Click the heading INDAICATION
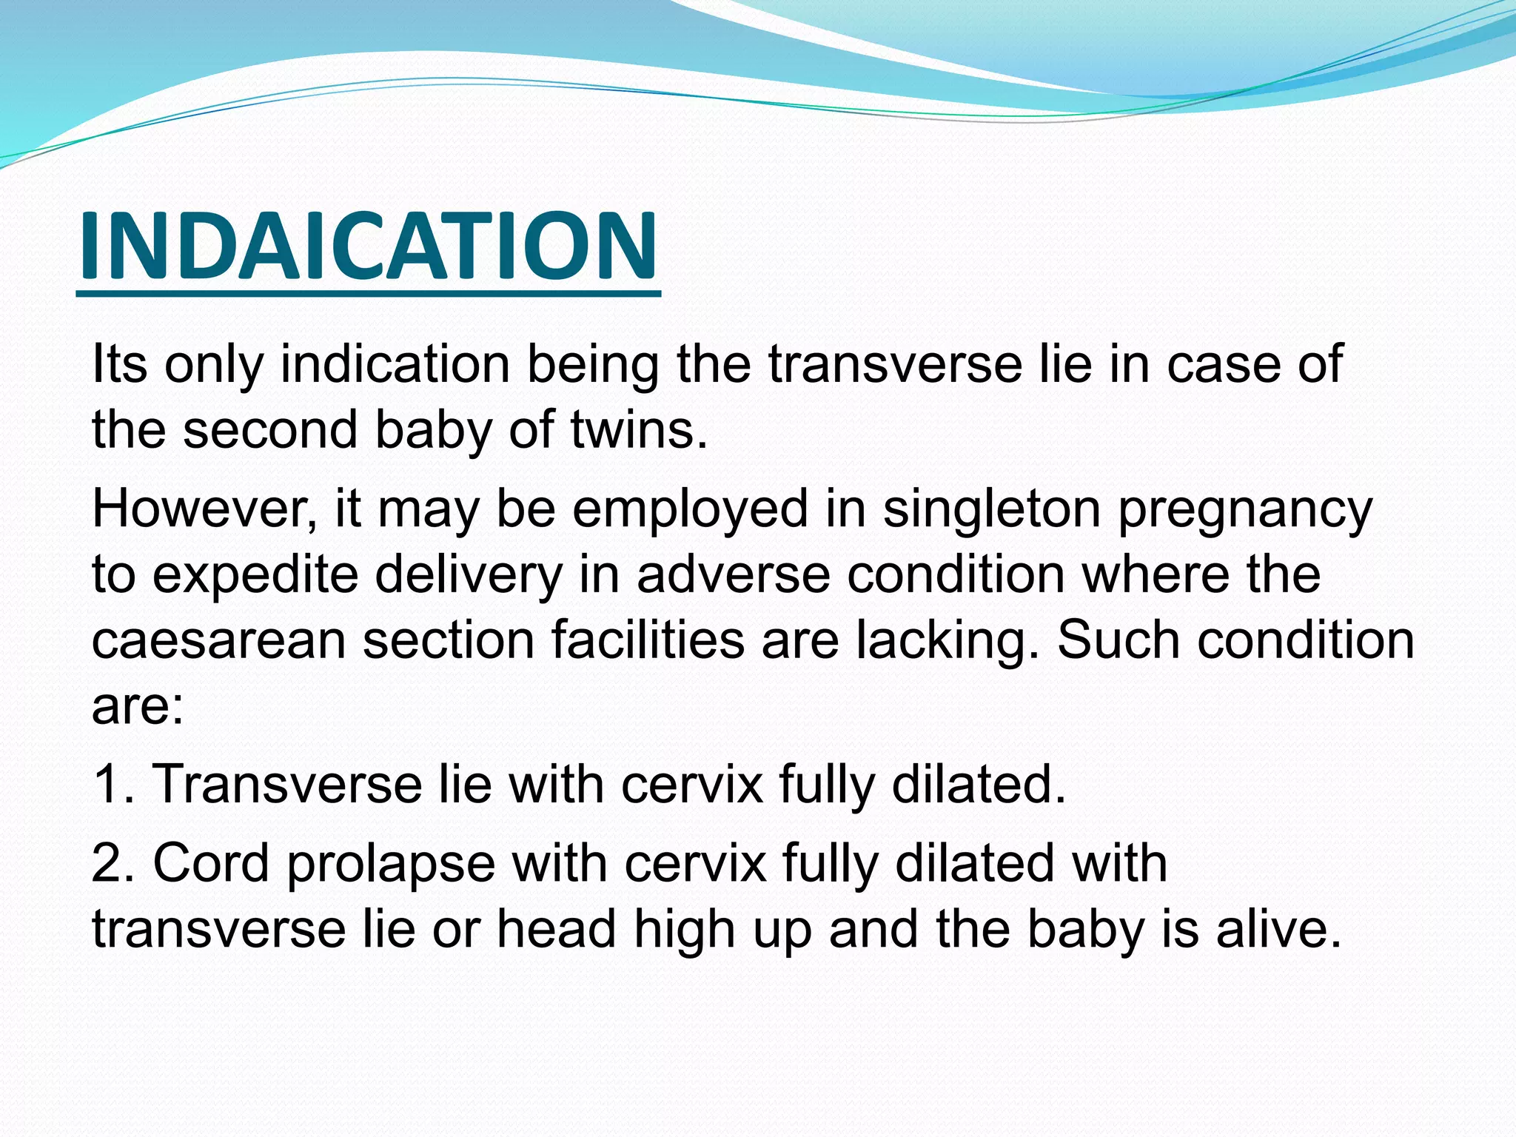click(x=368, y=246)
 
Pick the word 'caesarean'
click(x=218, y=640)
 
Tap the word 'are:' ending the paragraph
click(x=138, y=705)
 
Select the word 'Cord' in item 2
click(x=210, y=863)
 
